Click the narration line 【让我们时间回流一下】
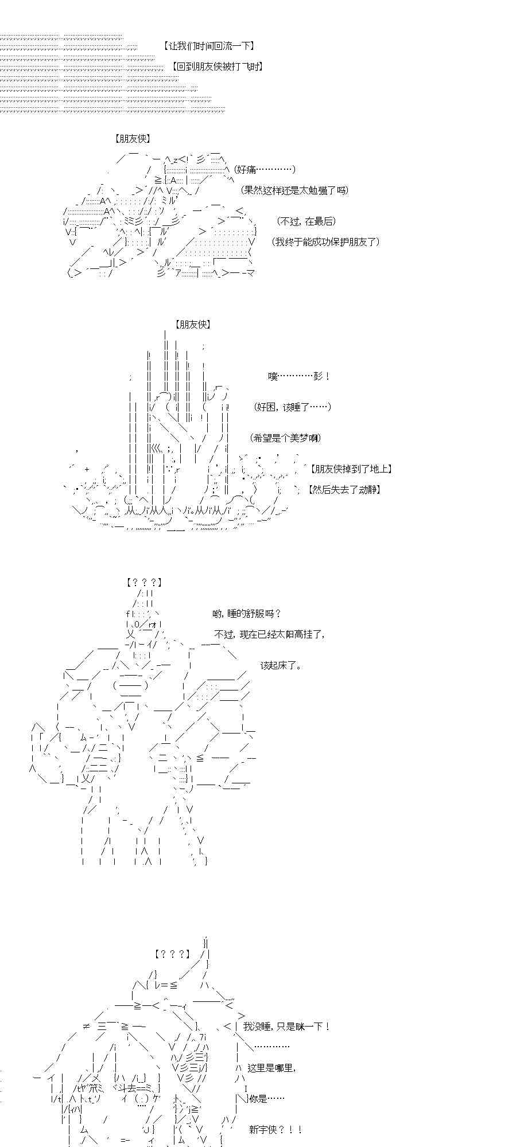[208, 46]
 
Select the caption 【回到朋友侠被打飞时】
[217, 67]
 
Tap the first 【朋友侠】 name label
[132, 139]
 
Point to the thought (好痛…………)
[265, 169]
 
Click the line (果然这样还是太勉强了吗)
[294, 190]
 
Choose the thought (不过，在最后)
[305, 221]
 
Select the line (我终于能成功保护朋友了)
[325, 242]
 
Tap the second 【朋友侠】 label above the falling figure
[194, 325]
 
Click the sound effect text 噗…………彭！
[299, 376]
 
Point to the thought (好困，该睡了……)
[292, 407]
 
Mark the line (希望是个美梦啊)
[286, 438]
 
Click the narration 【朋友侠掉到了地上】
[350, 469]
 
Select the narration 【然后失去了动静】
[343, 490]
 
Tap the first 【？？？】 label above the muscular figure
[143, 583]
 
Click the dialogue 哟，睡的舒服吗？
[247, 614]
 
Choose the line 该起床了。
[281, 665]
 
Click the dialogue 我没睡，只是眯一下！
[286, 1027]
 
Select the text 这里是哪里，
[271, 1068]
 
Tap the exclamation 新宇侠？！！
[275, 1130]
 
